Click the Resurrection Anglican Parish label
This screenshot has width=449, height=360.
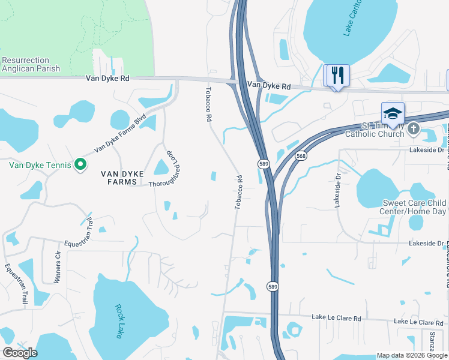click(x=31, y=65)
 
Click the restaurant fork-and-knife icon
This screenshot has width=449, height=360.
click(x=336, y=76)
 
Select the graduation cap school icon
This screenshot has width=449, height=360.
click(x=393, y=113)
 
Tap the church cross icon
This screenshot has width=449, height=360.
click(x=414, y=128)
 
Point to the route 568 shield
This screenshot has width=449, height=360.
click(x=301, y=156)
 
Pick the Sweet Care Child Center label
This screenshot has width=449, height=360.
click(x=414, y=207)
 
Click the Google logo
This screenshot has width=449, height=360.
click(x=20, y=353)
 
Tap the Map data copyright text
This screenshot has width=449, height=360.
click(x=411, y=355)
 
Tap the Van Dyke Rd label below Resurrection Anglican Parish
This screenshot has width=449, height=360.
click(x=107, y=78)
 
